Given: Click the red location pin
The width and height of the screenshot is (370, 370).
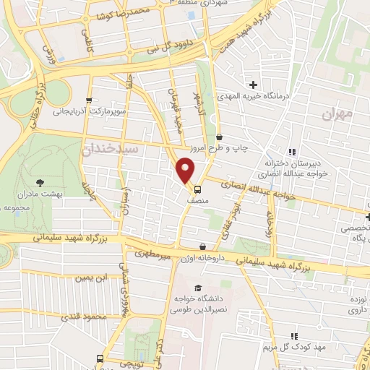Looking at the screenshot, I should [x=186, y=171].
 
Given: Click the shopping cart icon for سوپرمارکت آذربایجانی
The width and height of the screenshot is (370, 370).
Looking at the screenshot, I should [x=89, y=101].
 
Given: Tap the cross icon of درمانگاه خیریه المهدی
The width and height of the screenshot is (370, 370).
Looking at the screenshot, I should [x=252, y=85].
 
